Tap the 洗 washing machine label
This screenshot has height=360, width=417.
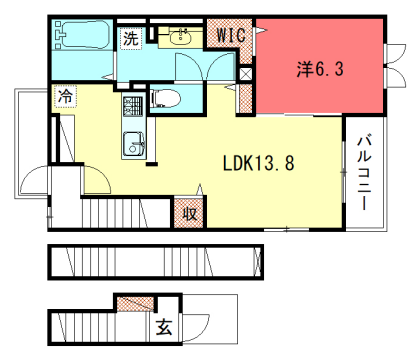(131, 40)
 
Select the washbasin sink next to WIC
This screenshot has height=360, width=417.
(181, 38)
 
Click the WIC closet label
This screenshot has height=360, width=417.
(231, 36)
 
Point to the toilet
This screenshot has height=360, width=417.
(166, 98)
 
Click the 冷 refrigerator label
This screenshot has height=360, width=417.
(65, 97)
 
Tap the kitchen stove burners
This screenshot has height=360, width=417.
(133, 106)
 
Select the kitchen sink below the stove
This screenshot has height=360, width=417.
(132, 144)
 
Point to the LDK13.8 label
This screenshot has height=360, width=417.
(257, 162)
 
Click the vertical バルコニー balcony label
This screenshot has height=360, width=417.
(364, 171)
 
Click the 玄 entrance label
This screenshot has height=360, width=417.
(163, 327)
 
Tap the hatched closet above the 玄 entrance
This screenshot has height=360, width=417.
(134, 304)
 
